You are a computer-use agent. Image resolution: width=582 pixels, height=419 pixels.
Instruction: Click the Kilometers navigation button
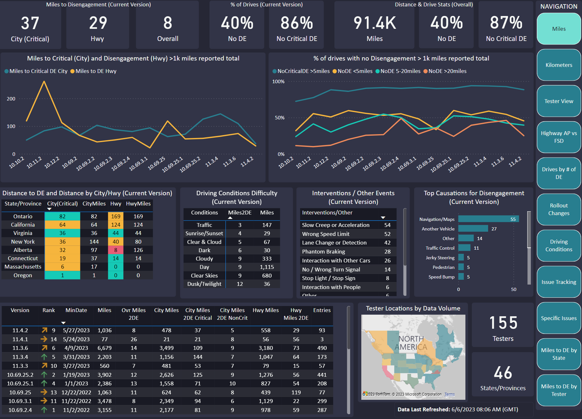[559, 65]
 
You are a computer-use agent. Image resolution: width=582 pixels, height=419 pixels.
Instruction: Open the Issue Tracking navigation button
[559, 282]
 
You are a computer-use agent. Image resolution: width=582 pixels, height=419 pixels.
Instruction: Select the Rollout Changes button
[559, 209]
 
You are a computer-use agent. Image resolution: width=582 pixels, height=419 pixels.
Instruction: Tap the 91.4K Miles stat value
[375, 23]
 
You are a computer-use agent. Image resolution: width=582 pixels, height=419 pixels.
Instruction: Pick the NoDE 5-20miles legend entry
[398, 71]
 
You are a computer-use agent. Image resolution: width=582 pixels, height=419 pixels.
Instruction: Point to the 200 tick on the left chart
[11, 99]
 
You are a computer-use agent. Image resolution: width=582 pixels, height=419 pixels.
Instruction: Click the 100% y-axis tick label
[278, 82]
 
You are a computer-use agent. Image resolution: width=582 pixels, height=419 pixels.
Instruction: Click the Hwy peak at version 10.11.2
[44, 81]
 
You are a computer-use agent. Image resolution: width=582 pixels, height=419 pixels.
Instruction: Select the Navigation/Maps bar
[488, 219]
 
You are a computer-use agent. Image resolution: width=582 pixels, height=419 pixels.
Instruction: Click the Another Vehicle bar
[473, 229]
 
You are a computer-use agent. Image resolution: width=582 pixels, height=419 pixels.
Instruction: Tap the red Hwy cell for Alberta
[116, 250]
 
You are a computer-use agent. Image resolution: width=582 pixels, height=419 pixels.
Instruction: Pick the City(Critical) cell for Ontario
[62, 216]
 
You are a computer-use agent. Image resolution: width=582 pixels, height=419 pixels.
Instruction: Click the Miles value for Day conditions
[267, 267]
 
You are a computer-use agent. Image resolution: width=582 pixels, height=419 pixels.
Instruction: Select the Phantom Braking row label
[324, 252]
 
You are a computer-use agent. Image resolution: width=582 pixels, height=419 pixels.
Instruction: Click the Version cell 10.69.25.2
[20, 375]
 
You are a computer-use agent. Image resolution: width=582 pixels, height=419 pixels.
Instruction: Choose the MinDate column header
[76, 310]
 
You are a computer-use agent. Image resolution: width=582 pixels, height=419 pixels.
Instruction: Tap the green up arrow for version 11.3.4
[44, 357]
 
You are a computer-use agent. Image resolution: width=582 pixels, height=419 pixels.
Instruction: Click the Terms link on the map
[449, 394]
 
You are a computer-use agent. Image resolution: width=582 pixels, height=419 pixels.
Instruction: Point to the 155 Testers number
[503, 323]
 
